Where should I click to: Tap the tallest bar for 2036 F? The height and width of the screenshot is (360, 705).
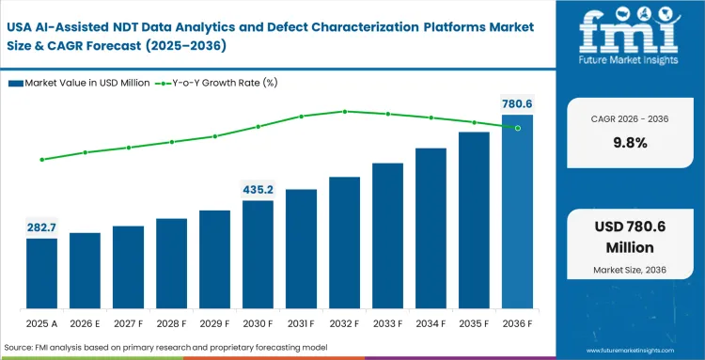(516, 211)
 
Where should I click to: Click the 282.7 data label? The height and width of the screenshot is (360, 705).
(41, 227)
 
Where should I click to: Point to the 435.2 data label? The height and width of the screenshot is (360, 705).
(258, 189)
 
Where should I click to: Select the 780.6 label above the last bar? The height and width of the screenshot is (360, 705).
(516, 102)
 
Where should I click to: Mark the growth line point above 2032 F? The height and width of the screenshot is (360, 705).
(344, 111)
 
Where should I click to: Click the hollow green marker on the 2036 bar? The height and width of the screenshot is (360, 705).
(517, 128)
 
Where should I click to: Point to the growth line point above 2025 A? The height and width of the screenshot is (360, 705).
(41, 160)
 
